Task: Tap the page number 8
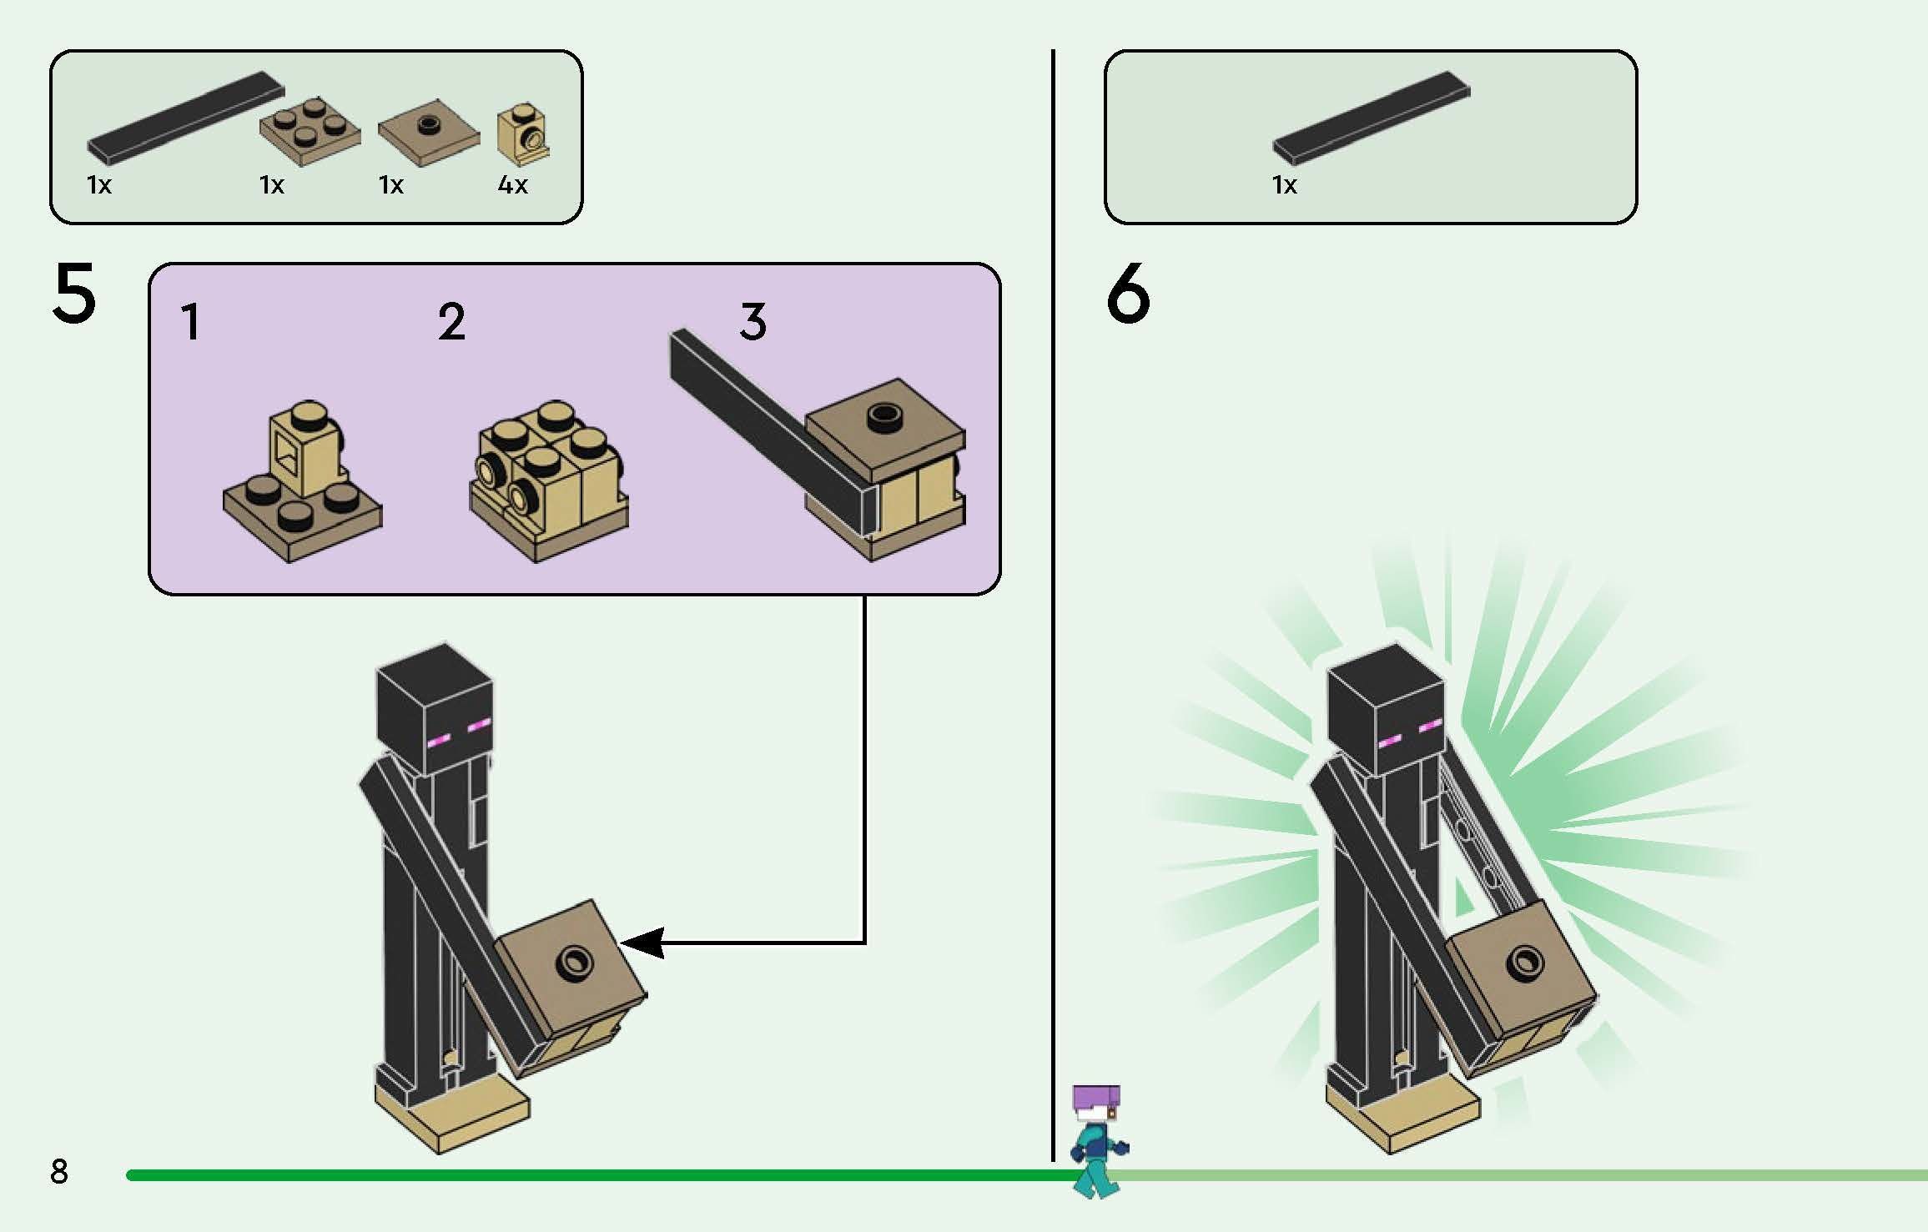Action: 58,1172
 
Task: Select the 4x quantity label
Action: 512,184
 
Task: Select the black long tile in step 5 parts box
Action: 186,116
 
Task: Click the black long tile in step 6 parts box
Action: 1371,116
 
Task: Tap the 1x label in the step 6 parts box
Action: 1285,184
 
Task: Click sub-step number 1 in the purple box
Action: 191,322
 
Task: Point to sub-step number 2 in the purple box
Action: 451,322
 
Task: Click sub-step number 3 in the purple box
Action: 753,322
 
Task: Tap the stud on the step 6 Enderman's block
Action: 1524,963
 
